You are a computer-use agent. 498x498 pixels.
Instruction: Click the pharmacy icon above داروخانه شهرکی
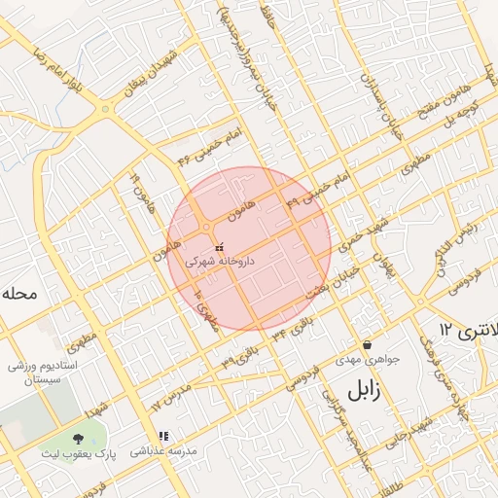coord(218,247)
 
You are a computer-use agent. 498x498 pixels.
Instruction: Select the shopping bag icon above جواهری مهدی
coord(367,344)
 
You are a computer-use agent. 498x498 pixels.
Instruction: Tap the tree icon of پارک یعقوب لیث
coord(78,440)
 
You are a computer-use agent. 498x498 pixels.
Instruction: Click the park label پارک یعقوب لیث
coord(78,454)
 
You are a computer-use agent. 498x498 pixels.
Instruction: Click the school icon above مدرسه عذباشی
coord(163,437)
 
